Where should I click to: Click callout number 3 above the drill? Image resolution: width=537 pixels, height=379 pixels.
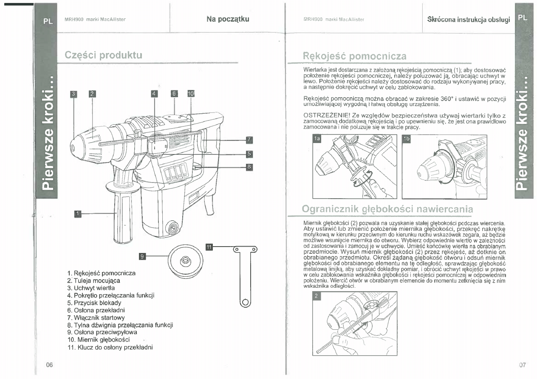click(73, 94)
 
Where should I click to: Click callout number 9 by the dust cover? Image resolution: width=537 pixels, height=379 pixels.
click(143, 256)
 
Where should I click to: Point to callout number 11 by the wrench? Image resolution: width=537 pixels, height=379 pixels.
click(209, 247)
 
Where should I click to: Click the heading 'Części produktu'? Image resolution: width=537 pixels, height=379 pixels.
click(103, 55)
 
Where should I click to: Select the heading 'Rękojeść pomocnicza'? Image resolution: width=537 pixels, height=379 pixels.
click(354, 56)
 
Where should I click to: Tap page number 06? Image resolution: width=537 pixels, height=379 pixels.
click(49, 365)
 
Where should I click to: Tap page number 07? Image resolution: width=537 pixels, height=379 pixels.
click(523, 365)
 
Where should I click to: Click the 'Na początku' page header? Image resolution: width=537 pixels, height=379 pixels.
click(228, 19)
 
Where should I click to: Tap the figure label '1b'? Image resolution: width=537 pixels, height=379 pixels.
click(407, 139)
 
